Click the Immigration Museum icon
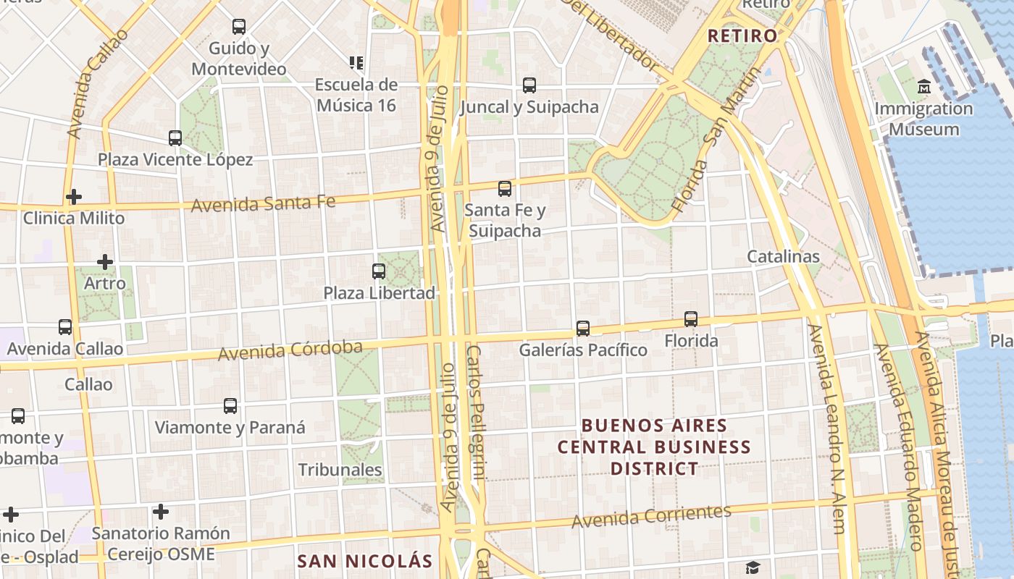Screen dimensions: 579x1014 [x=923, y=87]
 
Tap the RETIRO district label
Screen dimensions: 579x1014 [x=742, y=35]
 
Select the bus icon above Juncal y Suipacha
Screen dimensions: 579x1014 [x=529, y=85]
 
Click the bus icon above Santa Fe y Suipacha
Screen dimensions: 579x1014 [x=505, y=189]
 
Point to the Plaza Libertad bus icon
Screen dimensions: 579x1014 [x=379, y=271]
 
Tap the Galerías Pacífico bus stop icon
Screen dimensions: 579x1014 [x=583, y=329]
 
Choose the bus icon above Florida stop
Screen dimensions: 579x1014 [x=691, y=319]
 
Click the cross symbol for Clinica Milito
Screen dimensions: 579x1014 [x=73, y=197]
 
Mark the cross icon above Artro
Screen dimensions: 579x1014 [x=105, y=262]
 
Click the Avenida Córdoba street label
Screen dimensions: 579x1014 [x=290, y=351]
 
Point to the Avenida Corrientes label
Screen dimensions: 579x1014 [x=651, y=516]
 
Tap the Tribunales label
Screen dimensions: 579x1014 [x=340, y=470]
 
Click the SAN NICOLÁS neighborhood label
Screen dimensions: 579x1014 [x=365, y=561]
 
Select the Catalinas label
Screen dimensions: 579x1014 [x=783, y=256]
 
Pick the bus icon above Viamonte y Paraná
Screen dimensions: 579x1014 [x=230, y=406]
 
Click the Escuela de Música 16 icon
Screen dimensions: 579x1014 [x=356, y=63]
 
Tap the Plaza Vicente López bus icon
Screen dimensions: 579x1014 [x=175, y=138]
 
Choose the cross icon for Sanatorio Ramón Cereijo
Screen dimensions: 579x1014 [x=161, y=512]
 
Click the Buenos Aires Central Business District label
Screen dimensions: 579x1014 [x=654, y=447]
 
